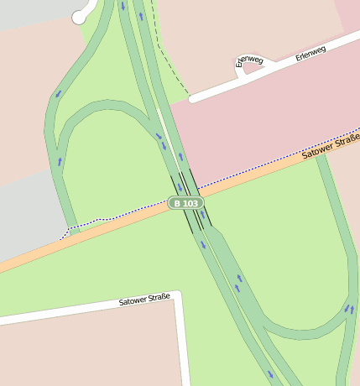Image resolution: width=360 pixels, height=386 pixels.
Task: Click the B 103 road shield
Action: (185, 203)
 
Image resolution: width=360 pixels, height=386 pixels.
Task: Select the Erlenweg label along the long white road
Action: (310, 55)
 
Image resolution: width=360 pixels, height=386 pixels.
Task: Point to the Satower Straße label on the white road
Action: (144, 299)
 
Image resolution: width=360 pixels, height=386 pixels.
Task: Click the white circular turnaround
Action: (79, 16)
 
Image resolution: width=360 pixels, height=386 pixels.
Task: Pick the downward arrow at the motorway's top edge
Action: (123, 7)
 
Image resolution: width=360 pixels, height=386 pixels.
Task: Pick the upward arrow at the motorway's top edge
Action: (140, 15)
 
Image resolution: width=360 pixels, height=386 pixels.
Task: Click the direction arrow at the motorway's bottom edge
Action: (270, 374)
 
